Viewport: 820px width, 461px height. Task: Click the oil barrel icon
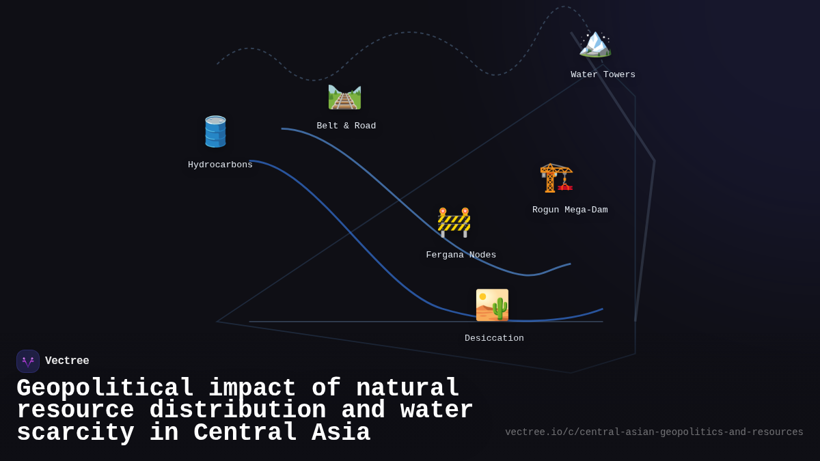click(x=215, y=132)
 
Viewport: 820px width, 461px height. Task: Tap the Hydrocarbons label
click(x=220, y=165)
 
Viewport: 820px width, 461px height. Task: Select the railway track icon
click(x=344, y=97)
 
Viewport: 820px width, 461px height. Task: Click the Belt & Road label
click(x=346, y=126)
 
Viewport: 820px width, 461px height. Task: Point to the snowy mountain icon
click(x=594, y=43)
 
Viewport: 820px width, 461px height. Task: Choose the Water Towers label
click(x=603, y=75)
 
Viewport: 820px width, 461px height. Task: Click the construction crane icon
click(x=556, y=178)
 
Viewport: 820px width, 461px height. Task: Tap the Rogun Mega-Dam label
click(x=570, y=210)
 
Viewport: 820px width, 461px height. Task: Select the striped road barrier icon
click(x=454, y=223)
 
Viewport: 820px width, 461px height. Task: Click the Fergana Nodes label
click(x=461, y=255)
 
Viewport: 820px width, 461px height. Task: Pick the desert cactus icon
click(x=492, y=305)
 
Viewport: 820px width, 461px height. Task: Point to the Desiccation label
click(x=494, y=339)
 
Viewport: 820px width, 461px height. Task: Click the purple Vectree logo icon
click(x=28, y=361)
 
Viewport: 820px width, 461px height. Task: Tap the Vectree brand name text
click(x=67, y=361)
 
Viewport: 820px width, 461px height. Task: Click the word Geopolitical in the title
click(x=105, y=389)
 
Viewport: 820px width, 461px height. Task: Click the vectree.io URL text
click(x=654, y=432)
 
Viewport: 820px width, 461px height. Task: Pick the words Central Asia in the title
click(x=282, y=433)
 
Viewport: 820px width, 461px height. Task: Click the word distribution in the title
click(x=238, y=410)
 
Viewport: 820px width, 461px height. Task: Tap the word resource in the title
click(x=75, y=410)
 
